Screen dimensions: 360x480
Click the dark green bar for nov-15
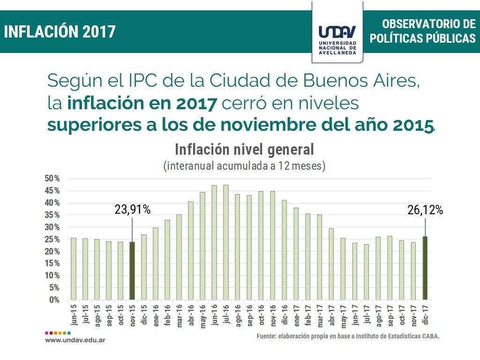pyautogui.click(x=132, y=270)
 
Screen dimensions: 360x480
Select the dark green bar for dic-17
pyautogui.click(x=425, y=268)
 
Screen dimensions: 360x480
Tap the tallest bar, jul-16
pyautogui.click(x=226, y=242)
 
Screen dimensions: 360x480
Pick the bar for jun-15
pyautogui.click(x=73, y=269)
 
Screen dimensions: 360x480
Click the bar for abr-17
pyautogui.click(x=331, y=264)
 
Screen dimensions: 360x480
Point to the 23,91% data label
pyautogui.click(x=133, y=210)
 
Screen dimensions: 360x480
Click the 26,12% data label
pyautogui.click(x=425, y=210)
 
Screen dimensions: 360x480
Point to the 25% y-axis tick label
pyautogui.click(x=53, y=239)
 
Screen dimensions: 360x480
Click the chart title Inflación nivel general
pyautogui.click(x=244, y=150)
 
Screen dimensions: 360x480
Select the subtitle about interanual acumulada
pyautogui.click(x=244, y=165)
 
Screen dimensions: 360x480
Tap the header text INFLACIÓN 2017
pyautogui.click(x=60, y=31)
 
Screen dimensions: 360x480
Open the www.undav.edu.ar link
pyautogui.click(x=75, y=339)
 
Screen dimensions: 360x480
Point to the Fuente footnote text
pyautogui.click(x=348, y=337)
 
